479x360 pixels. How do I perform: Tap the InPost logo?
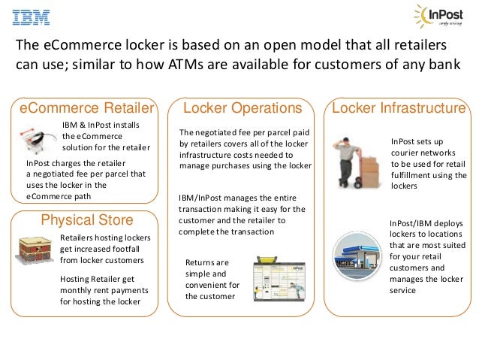(438, 17)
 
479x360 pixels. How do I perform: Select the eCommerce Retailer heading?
(86, 108)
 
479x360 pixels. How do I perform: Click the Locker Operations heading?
(243, 108)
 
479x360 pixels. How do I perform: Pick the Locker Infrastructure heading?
(399, 108)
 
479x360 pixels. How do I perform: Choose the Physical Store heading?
(86, 219)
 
